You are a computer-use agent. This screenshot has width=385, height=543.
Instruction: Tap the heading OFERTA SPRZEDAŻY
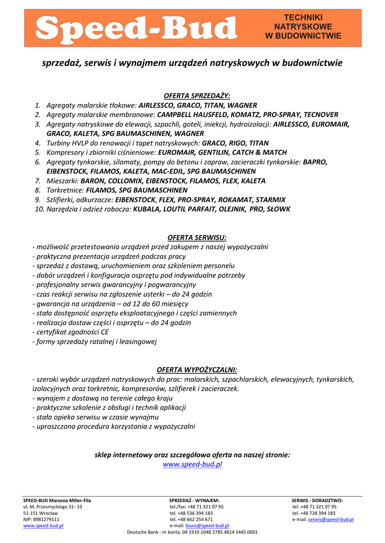click(197, 96)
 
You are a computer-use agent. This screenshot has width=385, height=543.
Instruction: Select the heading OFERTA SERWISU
click(197, 238)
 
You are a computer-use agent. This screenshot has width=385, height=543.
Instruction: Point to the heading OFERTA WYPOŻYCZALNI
click(197, 370)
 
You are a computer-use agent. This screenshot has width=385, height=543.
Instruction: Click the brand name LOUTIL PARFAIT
click(186, 209)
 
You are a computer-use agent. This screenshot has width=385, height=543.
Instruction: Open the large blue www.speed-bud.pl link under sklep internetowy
click(192, 465)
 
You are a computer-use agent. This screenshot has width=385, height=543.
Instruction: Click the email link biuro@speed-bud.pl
click(207, 526)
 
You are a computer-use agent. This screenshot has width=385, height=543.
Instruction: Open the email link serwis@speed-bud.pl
click(331, 520)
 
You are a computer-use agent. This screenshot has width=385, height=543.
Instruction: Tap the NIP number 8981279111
click(47, 520)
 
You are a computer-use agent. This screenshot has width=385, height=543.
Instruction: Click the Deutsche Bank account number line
click(192, 532)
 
